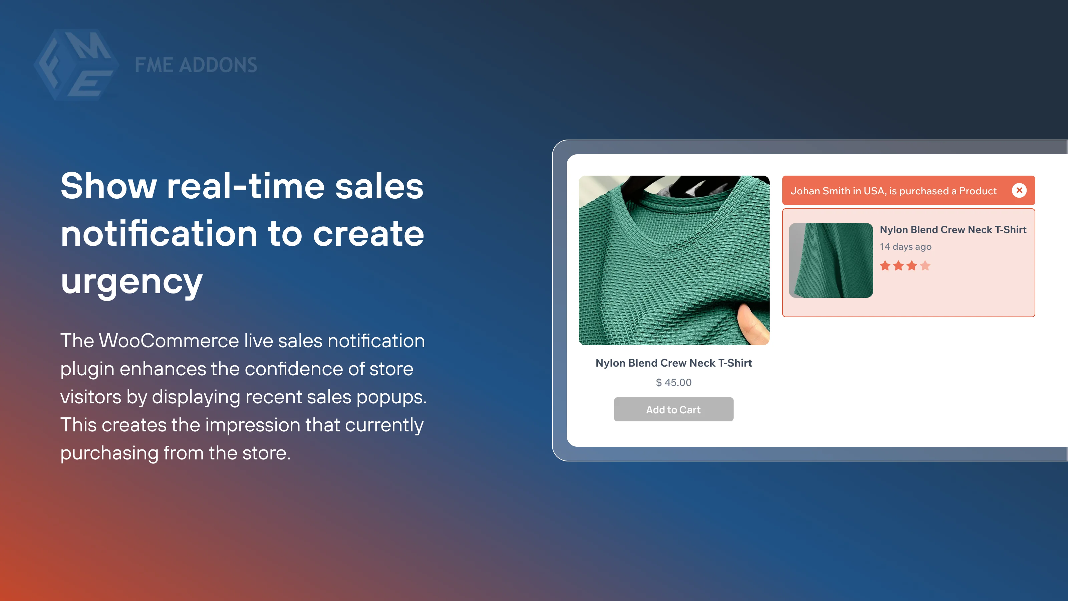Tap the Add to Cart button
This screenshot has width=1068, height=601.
coord(673,409)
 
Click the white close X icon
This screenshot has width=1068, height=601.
coord(1019,190)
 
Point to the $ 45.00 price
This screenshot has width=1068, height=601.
coord(674,382)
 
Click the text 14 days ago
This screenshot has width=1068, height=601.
coord(905,247)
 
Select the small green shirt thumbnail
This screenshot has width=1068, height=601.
coord(831,260)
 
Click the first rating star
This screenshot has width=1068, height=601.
coord(885,265)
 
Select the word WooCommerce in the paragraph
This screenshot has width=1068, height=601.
coord(169,341)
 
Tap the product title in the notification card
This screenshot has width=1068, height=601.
coord(953,230)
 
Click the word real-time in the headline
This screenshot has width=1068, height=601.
coord(245,186)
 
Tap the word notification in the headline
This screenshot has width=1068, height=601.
coord(159,234)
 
